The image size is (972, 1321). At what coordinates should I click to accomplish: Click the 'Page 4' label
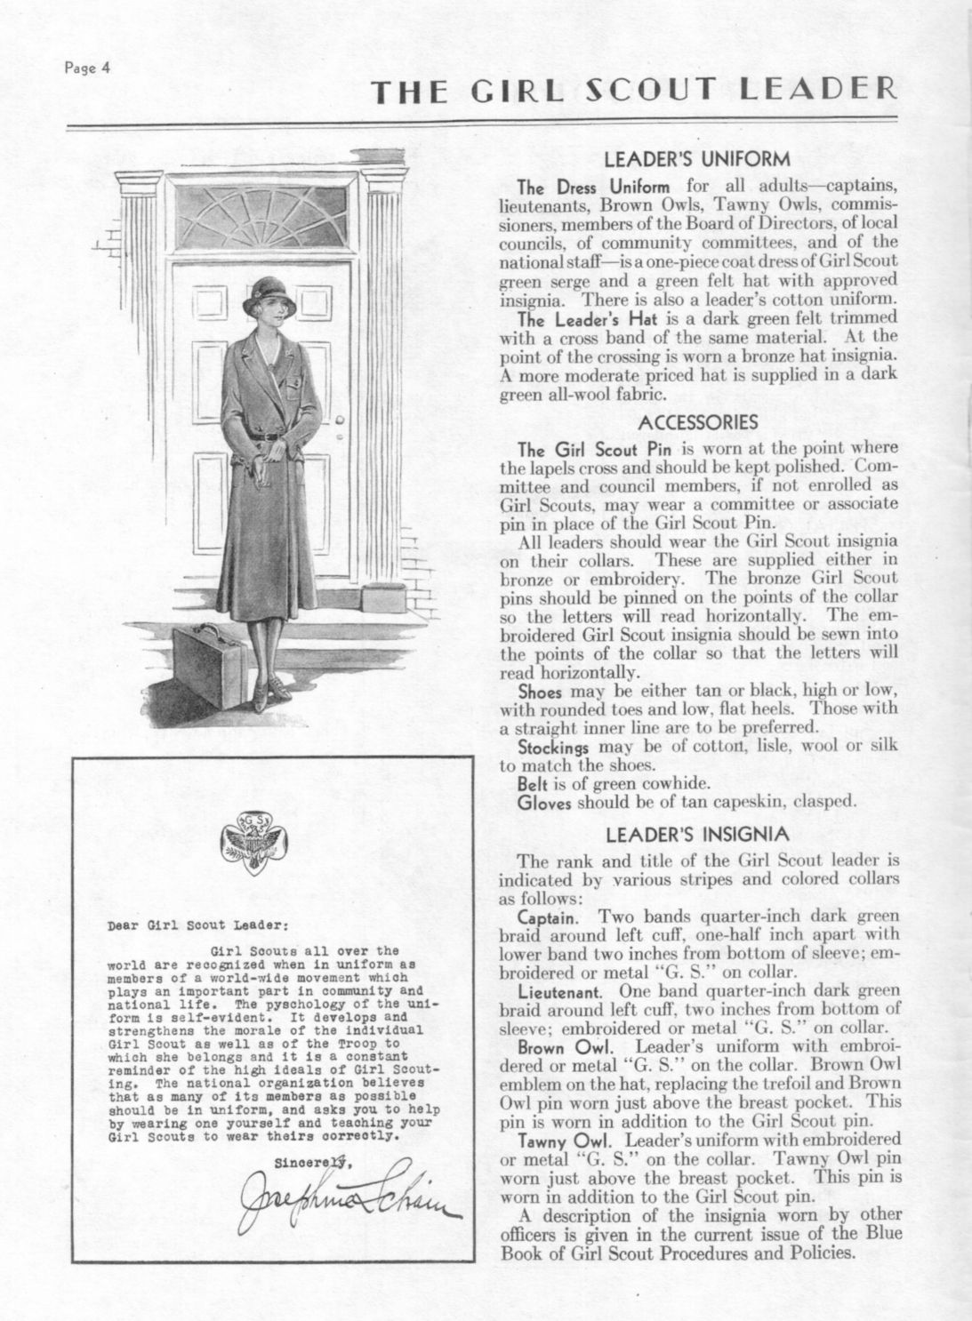click(x=85, y=70)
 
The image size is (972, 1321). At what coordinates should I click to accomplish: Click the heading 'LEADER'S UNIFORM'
click(x=696, y=160)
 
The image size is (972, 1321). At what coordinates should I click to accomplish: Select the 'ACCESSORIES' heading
click(x=698, y=421)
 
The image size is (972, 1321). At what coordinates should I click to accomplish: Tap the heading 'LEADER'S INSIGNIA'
click(x=696, y=835)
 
